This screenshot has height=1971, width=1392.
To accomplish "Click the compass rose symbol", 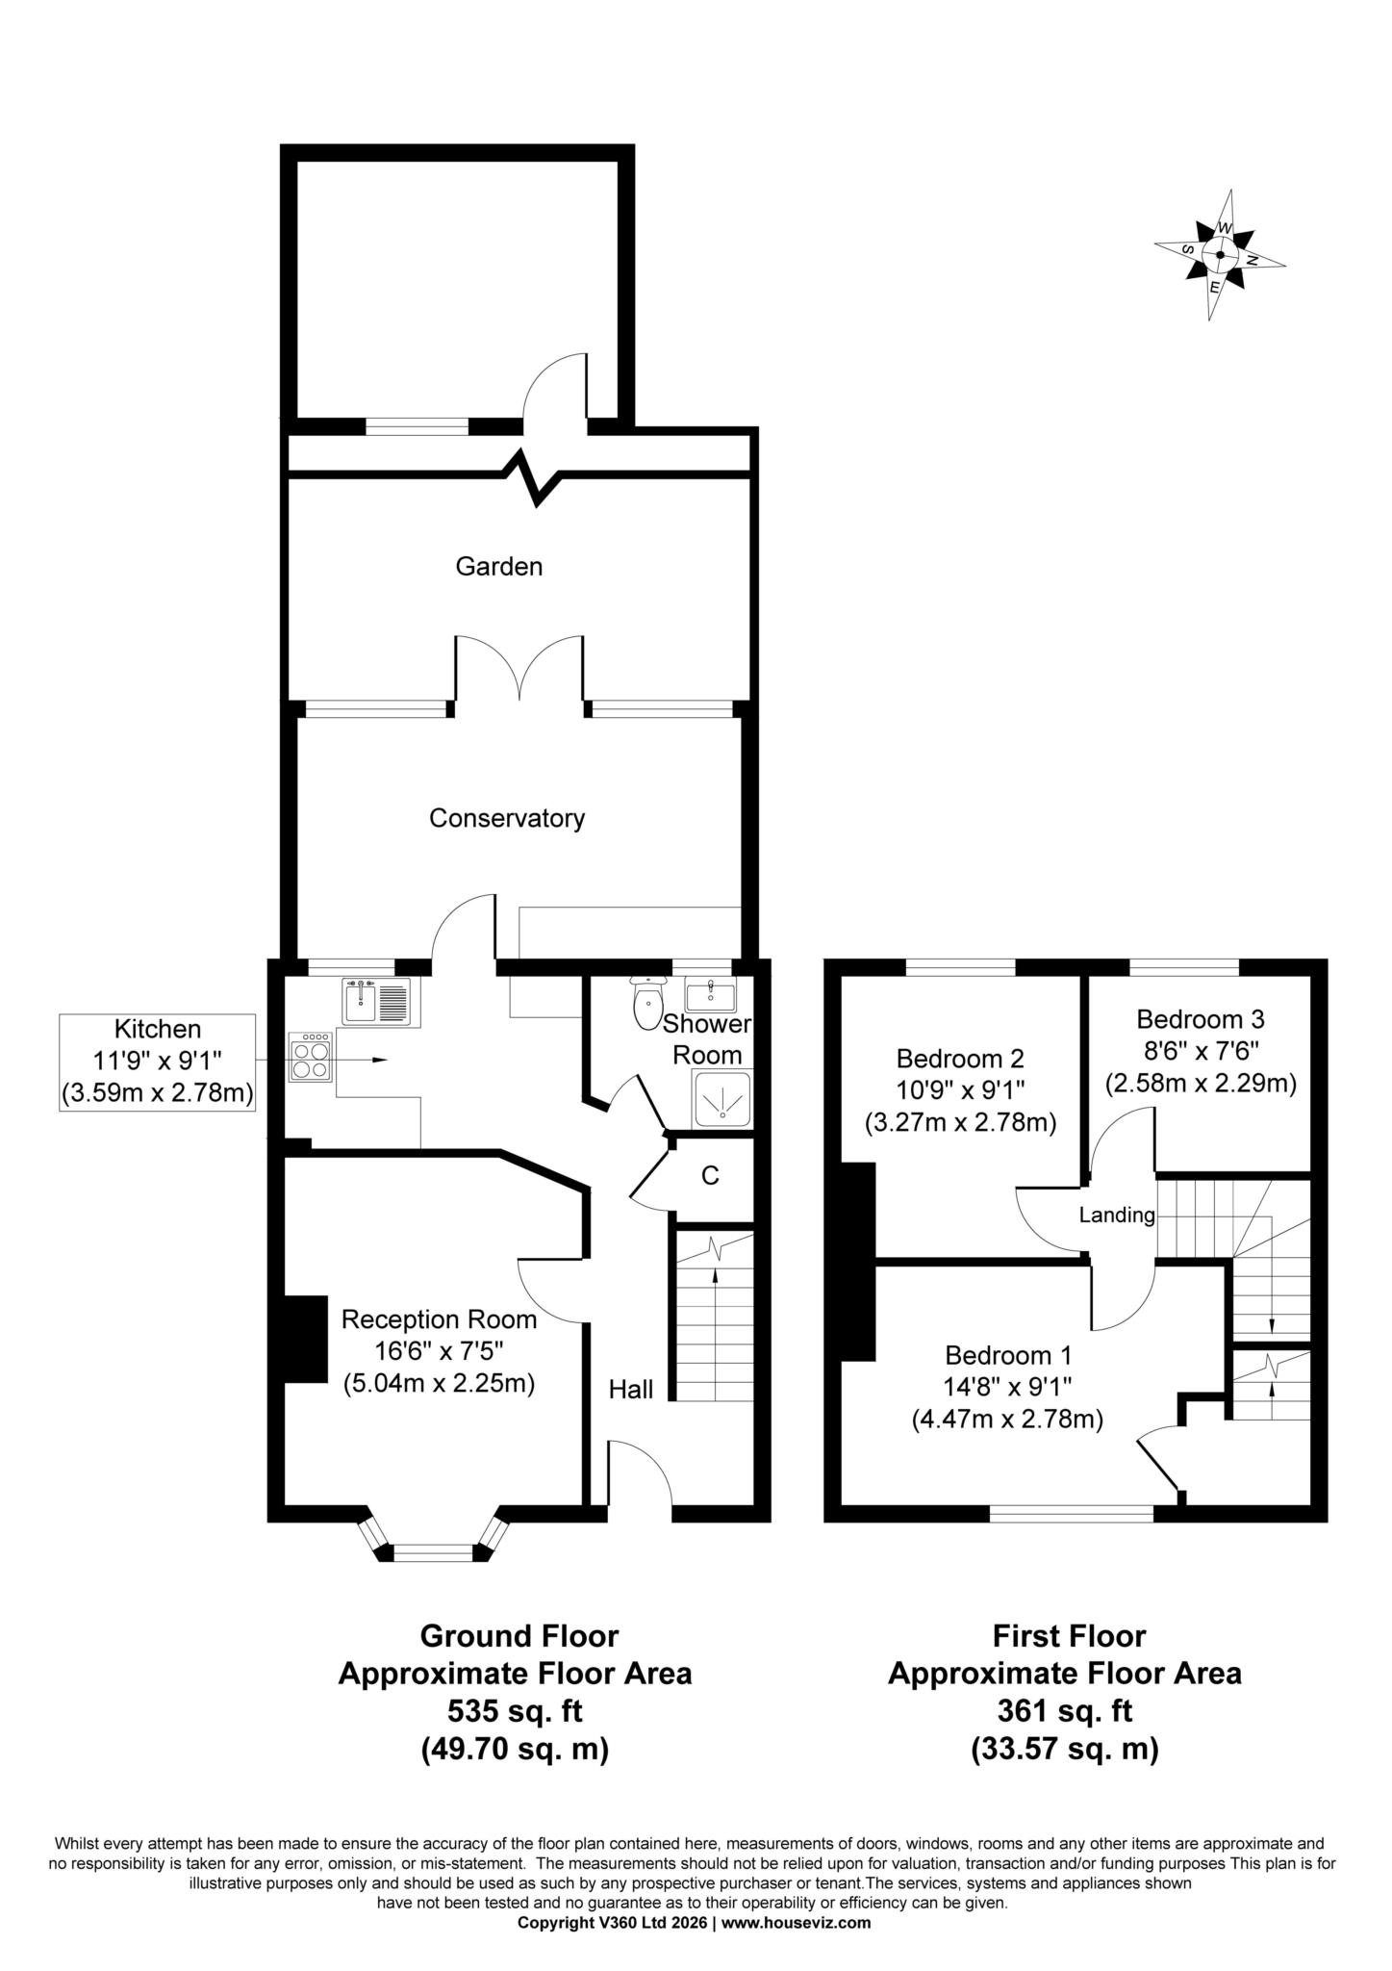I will pos(1219,255).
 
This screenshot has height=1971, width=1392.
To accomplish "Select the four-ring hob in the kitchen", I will pos(311,1059).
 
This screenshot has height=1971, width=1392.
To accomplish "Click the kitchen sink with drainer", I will pos(376,1001).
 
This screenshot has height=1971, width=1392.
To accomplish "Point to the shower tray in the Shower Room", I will pos(721,1097).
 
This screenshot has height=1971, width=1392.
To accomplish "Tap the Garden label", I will pos(498,567).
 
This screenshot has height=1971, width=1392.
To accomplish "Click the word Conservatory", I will pos(507,819).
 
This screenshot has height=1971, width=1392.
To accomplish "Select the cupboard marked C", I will pos(710,1176).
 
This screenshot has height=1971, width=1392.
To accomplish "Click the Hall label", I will pos(630,1389).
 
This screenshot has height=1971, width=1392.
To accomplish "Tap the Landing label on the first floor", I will pos(1116,1216).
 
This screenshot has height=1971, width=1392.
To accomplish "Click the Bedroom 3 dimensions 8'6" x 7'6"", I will pos(1200,1050).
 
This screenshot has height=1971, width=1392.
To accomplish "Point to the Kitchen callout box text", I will pos(158,1062).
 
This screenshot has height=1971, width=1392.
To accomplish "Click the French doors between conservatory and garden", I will pos(519,674).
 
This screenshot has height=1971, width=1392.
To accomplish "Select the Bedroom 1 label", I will pos(1007,1356).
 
